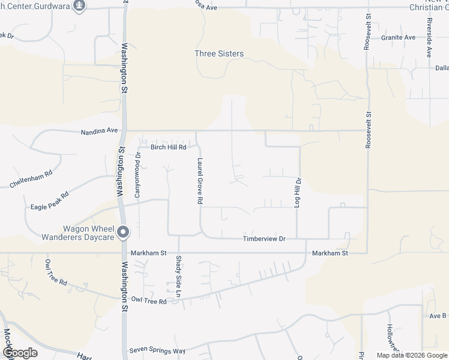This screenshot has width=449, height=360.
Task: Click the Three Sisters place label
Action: tap(219, 53)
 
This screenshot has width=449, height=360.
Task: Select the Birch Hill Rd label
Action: tap(169, 146)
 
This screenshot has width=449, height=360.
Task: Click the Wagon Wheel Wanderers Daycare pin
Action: tap(123, 231)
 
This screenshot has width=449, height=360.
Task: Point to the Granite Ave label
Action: tap(398, 37)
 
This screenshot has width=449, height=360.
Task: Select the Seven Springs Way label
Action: tap(158, 350)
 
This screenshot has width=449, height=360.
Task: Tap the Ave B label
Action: tap(437, 316)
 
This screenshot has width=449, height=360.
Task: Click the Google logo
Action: tap(20, 352)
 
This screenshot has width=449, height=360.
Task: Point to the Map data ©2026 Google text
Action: tap(411, 355)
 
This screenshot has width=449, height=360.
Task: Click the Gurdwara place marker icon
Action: tap(79, 5)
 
